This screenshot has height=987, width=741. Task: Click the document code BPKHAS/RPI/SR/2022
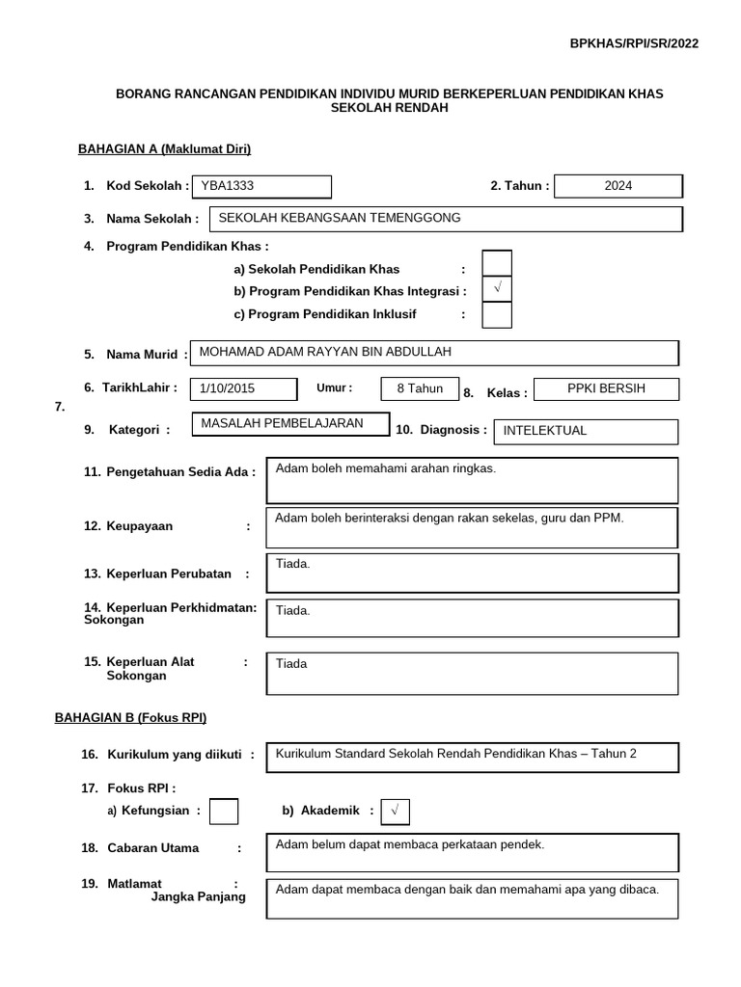(634, 43)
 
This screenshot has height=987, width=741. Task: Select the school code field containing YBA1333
(261, 186)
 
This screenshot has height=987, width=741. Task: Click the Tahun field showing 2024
(618, 186)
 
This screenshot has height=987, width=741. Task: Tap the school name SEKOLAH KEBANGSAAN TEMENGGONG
(341, 218)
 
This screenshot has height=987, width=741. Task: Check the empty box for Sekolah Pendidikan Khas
(497, 263)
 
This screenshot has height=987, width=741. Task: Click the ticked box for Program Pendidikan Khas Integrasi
(497, 289)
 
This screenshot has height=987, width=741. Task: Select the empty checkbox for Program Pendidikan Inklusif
(497, 315)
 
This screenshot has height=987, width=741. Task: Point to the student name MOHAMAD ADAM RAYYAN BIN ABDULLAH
(325, 352)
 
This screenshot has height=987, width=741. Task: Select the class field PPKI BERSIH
(605, 388)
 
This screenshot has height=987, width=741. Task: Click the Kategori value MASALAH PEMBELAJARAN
(282, 423)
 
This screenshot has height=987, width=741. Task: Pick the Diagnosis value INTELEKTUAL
(545, 431)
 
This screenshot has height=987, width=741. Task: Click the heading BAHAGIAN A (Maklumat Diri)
(164, 148)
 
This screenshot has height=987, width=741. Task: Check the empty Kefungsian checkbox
(224, 812)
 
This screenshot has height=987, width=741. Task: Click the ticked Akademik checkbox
(395, 812)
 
